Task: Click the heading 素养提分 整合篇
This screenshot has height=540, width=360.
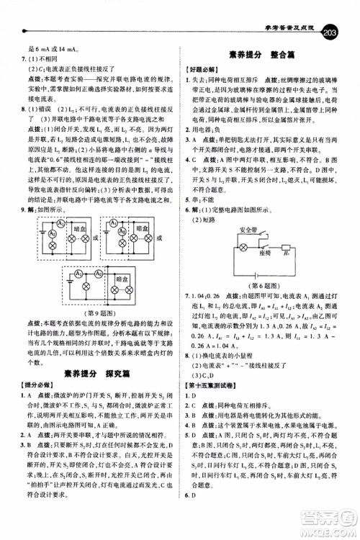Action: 270,54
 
